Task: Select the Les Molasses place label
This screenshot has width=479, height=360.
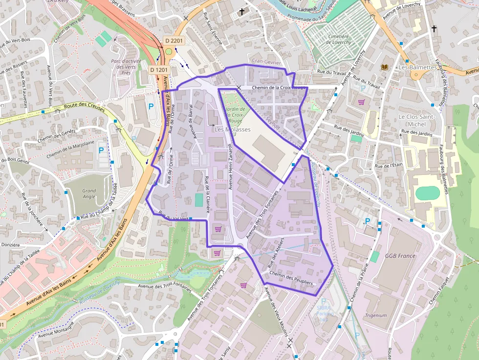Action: click(233, 129)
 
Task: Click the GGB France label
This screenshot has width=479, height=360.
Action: click(400, 255)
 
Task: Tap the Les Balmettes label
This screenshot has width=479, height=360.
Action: click(417, 67)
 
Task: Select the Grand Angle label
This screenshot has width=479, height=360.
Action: click(89, 193)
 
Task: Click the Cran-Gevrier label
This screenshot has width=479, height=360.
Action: click(267, 62)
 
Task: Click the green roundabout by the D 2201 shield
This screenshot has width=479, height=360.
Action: click(169, 51)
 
